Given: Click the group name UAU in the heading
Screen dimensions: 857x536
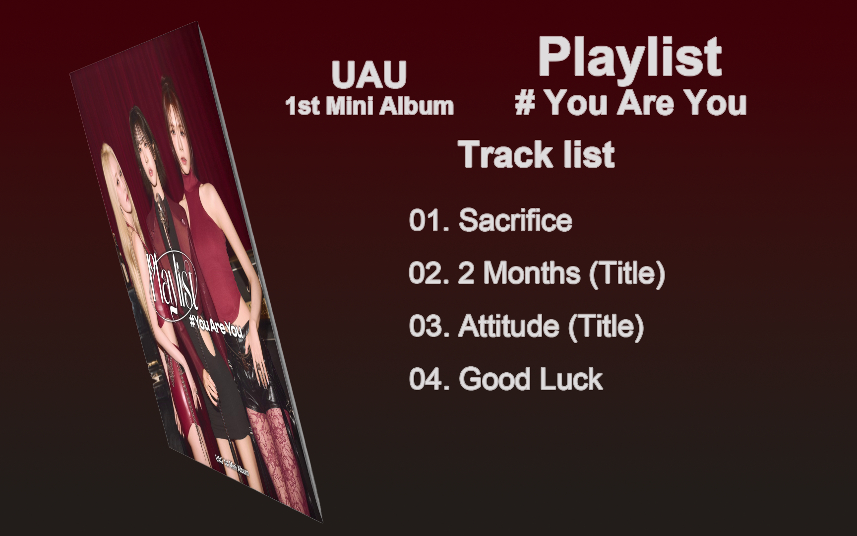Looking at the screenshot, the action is point(369,75).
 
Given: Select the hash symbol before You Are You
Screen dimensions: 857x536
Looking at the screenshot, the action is point(525,103).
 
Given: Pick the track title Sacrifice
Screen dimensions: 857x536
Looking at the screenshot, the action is point(515,220).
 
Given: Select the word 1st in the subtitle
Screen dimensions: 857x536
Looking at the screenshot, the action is point(300,106).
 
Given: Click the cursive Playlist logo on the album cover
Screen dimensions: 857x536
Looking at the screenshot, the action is point(173,285).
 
